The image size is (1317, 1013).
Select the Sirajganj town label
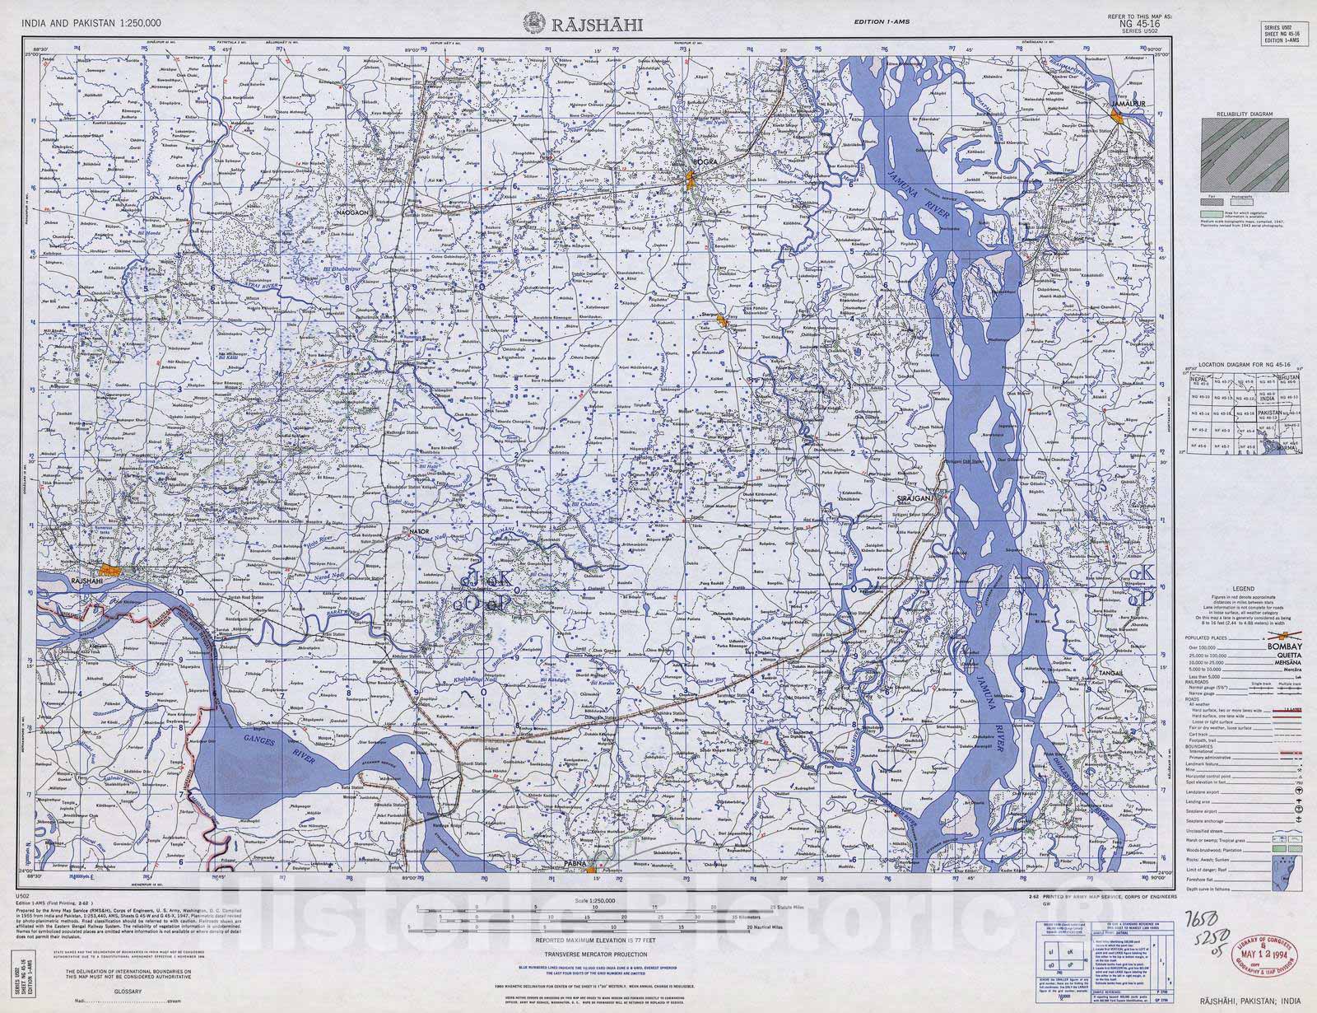tap(912, 499)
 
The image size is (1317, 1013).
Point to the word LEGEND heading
tap(1243, 589)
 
